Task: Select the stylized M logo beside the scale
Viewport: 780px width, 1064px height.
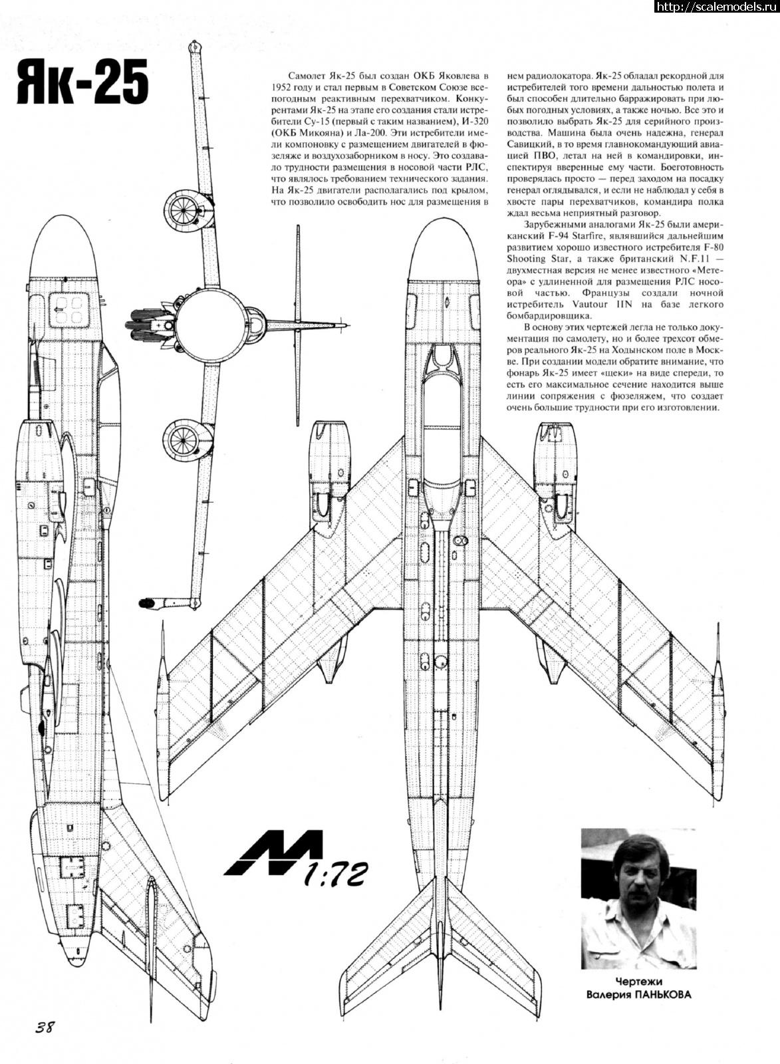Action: (x=273, y=853)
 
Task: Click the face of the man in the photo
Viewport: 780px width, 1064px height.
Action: (x=635, y=874)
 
